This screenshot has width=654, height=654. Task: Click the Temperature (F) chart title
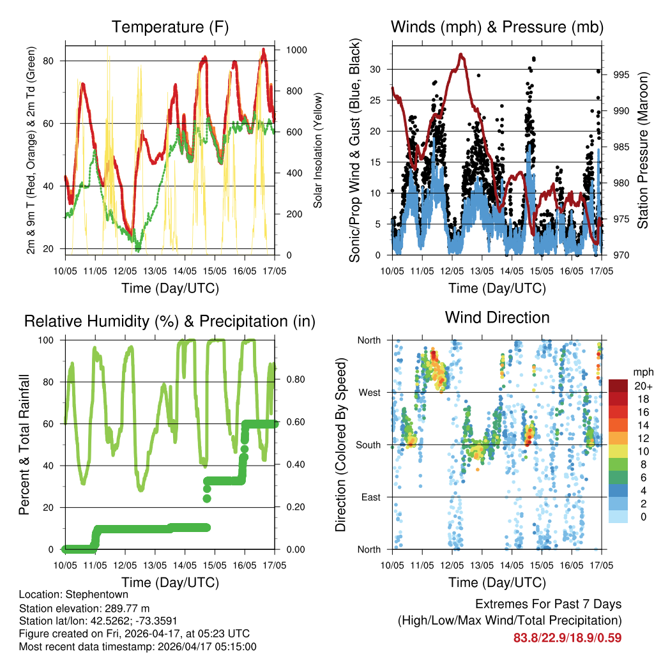click(170, 27)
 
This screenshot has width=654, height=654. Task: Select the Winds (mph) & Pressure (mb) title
click(497, 27)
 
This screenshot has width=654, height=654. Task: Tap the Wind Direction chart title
click(497, 317)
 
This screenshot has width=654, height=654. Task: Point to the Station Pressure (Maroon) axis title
click(643, 151)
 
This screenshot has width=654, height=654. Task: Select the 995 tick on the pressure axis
click(621, 75)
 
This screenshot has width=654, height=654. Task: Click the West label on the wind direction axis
click(369, 392)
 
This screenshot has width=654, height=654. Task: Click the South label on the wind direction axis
click(369, 445)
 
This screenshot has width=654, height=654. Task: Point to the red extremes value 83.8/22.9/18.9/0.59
click(567, 637)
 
